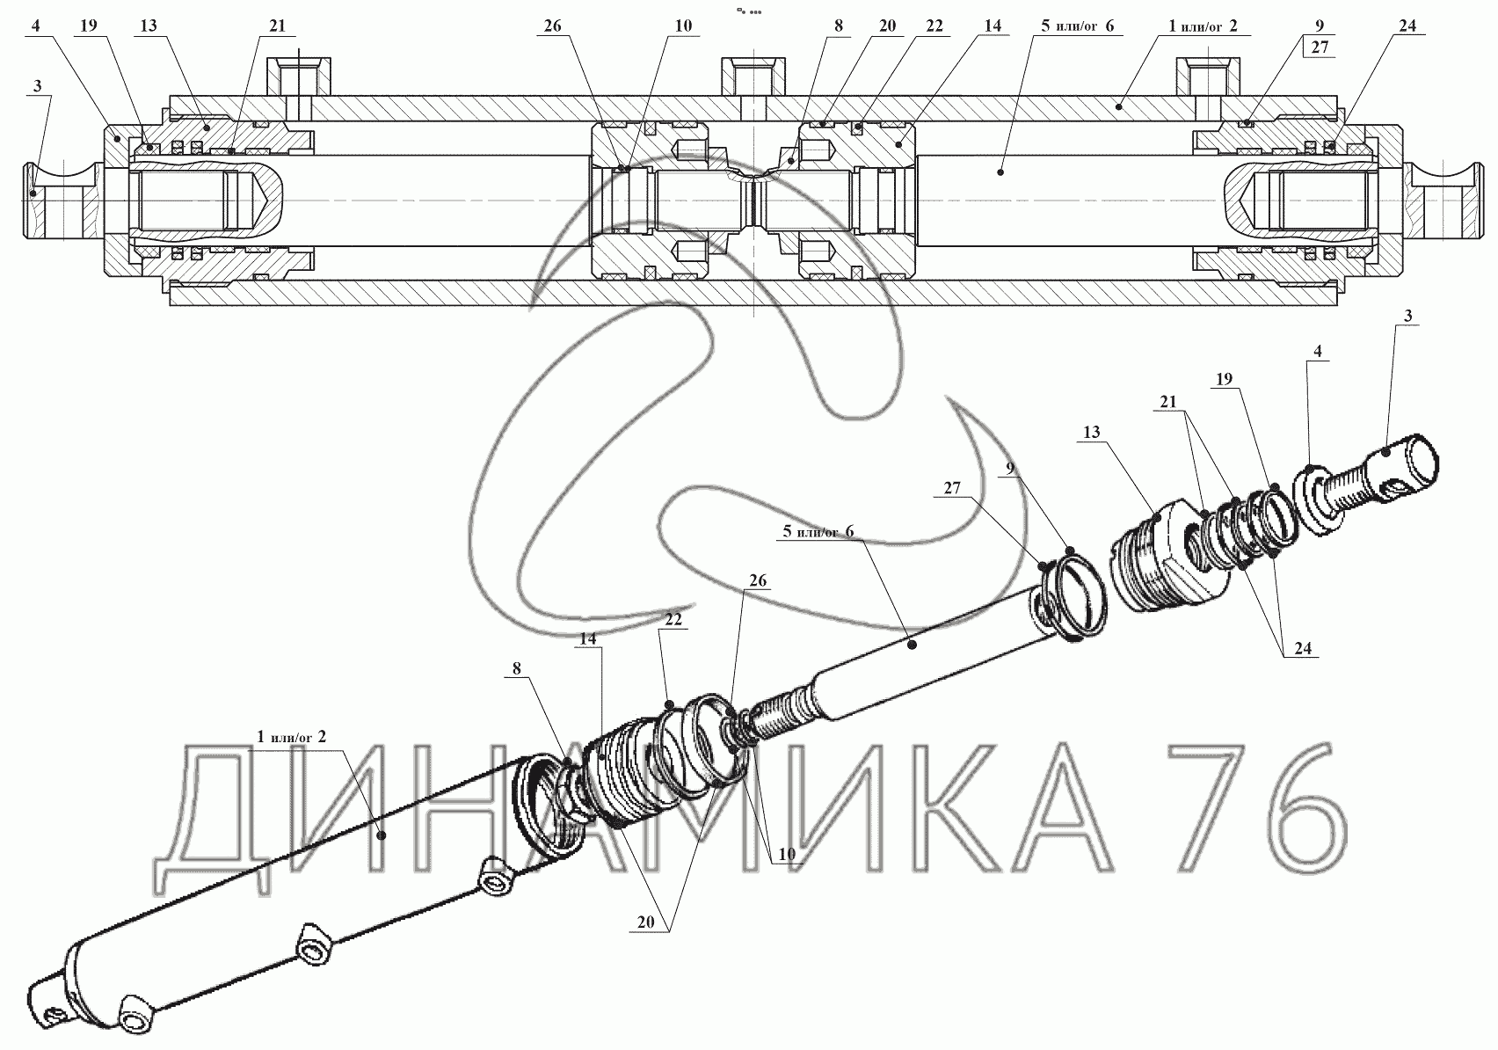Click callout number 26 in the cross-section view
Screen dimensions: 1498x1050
tap(551, 26)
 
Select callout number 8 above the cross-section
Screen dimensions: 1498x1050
tap(838, 26)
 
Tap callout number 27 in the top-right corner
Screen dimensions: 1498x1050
tap(1320, 48)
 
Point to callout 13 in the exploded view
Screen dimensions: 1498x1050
tap(1092, 434)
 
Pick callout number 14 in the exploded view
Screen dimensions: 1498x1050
tap(587, 638)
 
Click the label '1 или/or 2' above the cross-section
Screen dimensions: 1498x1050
tap(1203, 26)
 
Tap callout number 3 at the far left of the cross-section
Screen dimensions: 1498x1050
tap(37, 86)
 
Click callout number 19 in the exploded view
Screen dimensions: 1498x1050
tap(1224, 379)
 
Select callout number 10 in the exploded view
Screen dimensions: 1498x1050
tap(786, 854)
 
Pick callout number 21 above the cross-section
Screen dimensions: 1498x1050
tap(277, 26)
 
